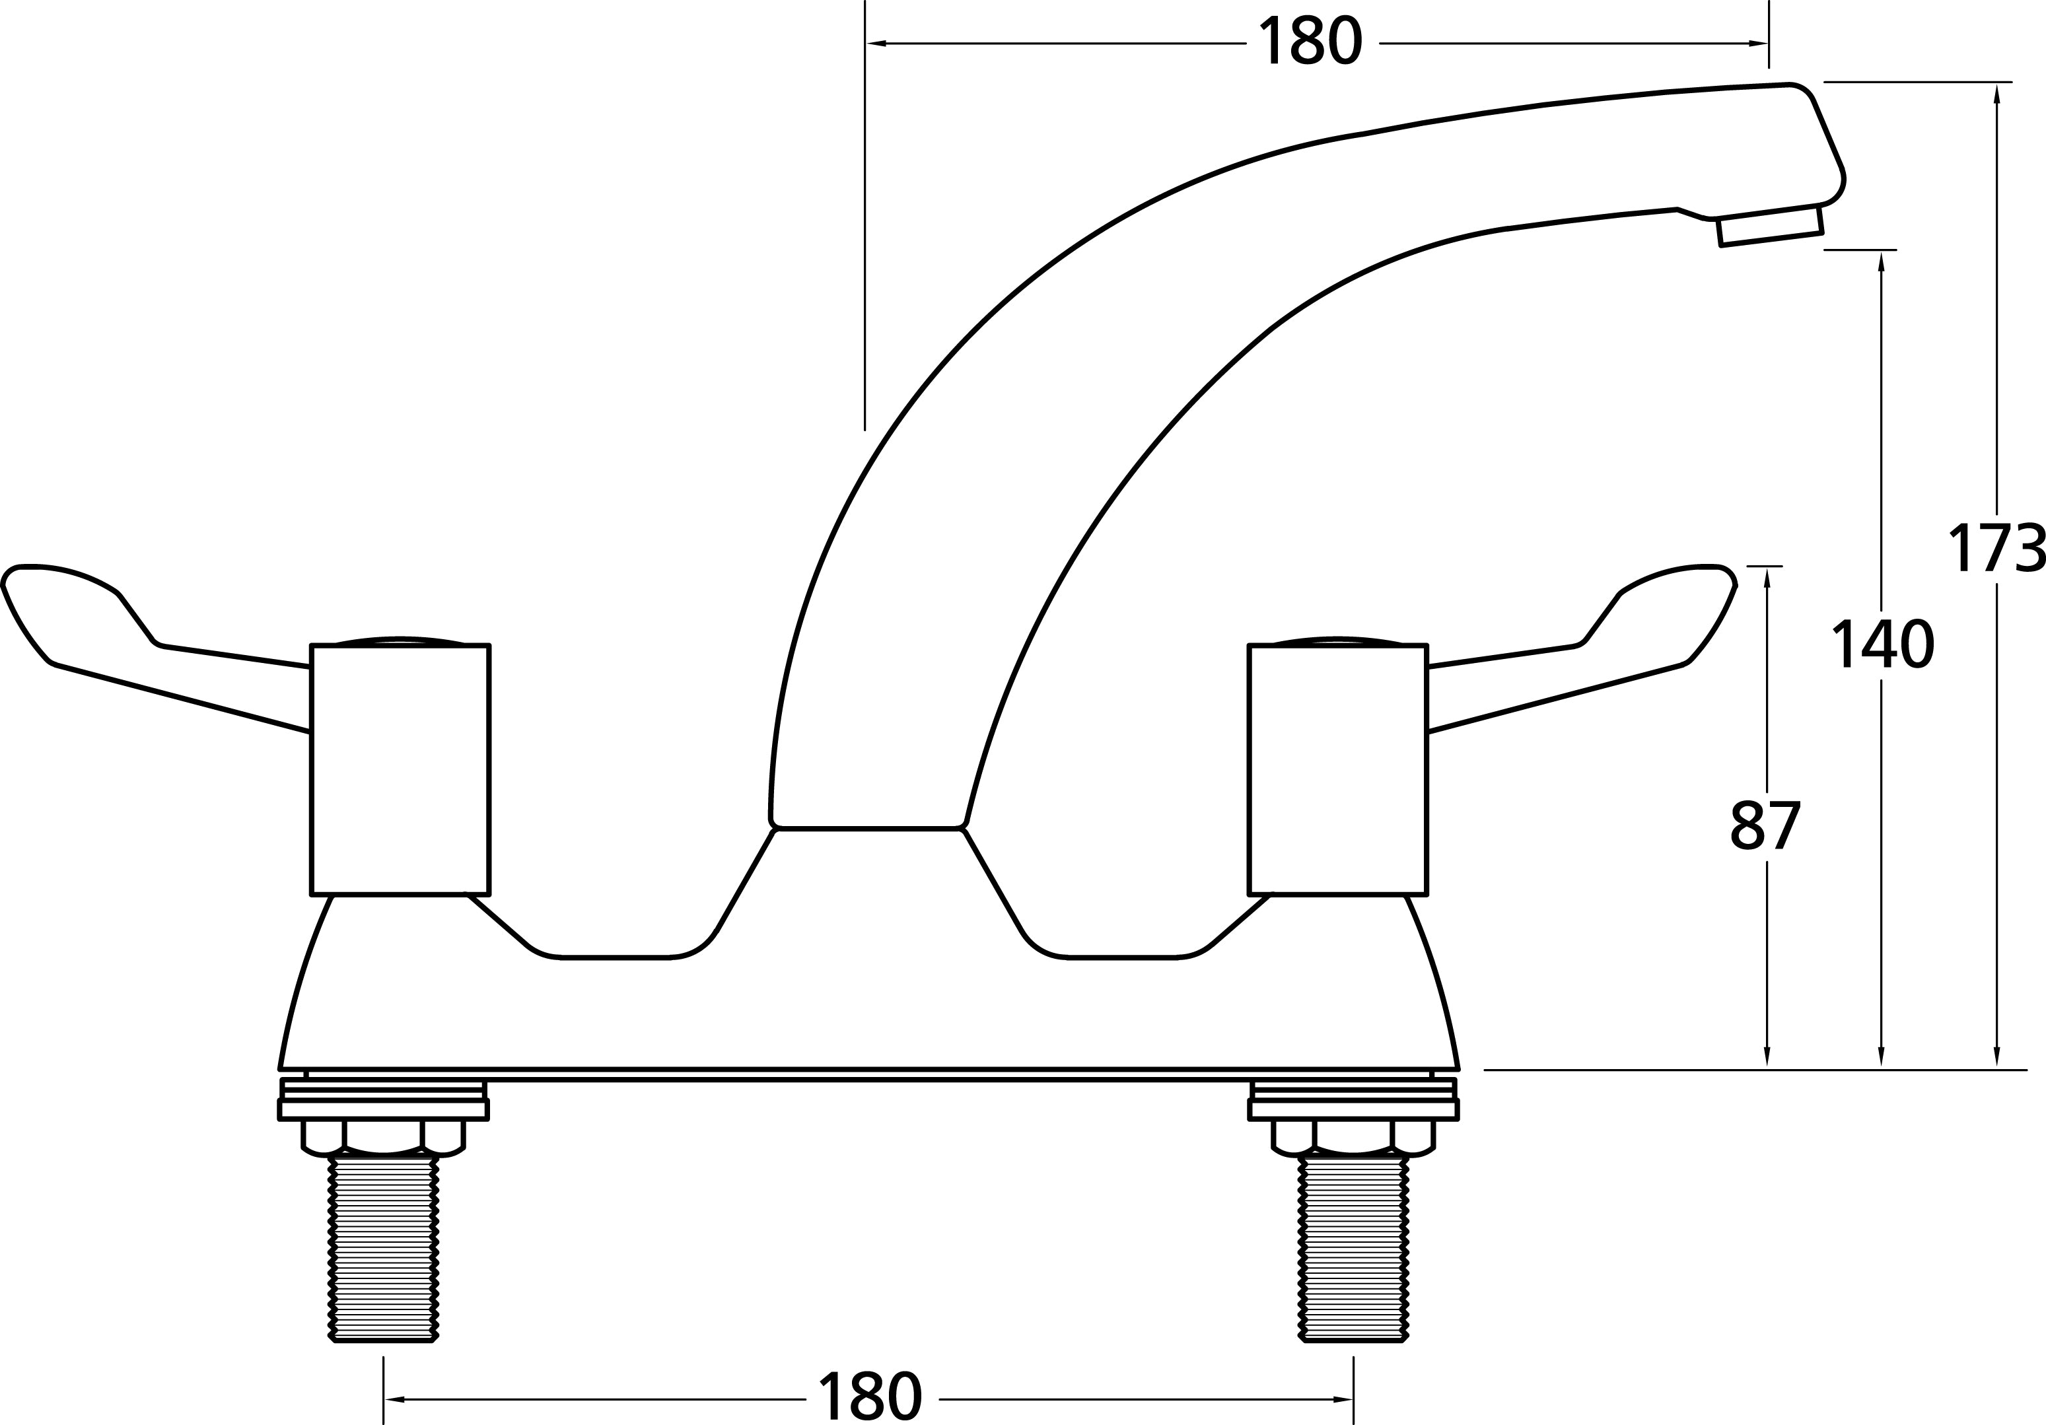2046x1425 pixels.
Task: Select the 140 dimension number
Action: [x=1882, y=645]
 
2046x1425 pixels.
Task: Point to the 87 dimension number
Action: [x=1765, y=826]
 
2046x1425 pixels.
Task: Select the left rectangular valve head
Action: [x=400, y=770]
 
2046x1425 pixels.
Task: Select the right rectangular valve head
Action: [x=1337, y=770]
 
